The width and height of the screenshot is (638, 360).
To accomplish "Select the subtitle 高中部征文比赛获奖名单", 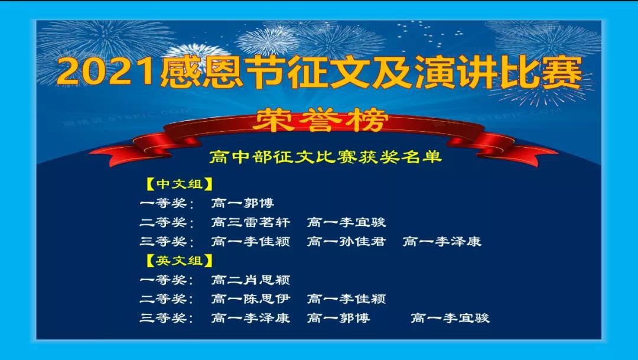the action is [x=325, y=157].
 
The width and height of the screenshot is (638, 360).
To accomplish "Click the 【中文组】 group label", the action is [x=180, y=184].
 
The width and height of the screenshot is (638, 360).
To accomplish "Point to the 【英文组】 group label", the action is [x=180, y=261].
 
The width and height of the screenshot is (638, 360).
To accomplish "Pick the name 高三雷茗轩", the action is [x=250, y=222].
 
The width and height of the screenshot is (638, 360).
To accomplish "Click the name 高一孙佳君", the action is [x=346, y=242].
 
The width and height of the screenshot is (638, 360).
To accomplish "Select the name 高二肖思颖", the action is [x=250, y=280].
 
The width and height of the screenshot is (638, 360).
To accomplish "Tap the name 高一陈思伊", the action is [x=250, y=299].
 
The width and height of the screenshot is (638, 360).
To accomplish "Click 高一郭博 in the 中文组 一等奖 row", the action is [x=243, y=203].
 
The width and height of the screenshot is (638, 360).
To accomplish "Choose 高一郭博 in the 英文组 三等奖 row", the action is [x=338, y=318].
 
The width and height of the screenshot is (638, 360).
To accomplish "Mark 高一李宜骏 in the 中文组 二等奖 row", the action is [x=346, y=222].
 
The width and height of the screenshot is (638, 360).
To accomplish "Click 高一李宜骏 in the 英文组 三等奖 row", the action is [x=450, y=318].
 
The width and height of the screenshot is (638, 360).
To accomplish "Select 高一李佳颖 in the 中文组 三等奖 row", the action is [x=250, y=242].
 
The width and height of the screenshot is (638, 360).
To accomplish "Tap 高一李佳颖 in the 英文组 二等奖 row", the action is [x=346, y=299].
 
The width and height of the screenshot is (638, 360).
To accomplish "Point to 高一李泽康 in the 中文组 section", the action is [x=442, y=242].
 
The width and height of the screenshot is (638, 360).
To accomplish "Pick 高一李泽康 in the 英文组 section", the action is [x=250, y=318].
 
